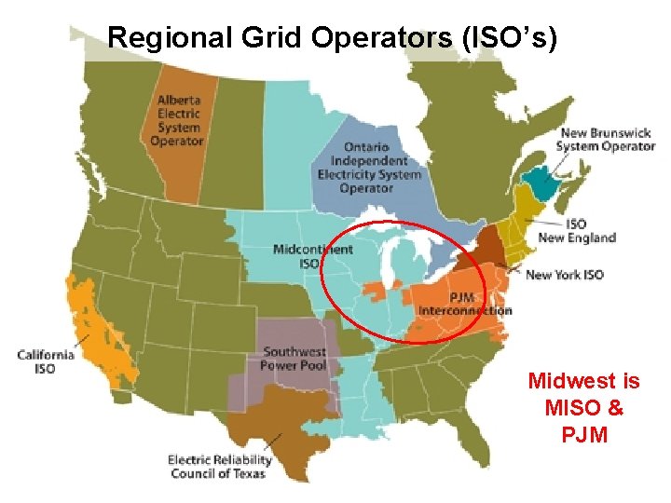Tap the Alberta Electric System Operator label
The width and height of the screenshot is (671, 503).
tap(177, 120)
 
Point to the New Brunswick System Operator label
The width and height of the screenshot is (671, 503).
tap(606, 140)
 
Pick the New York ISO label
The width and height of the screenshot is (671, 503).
tap(565, 275)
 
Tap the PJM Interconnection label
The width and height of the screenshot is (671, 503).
tap(464, 304)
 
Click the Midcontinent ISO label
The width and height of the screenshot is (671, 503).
tap(312, 256)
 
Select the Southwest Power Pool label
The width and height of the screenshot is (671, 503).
tap(294, 358)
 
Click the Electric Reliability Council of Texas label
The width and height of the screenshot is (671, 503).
tap(220, 466)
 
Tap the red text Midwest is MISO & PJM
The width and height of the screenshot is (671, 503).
tap(583, 407)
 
